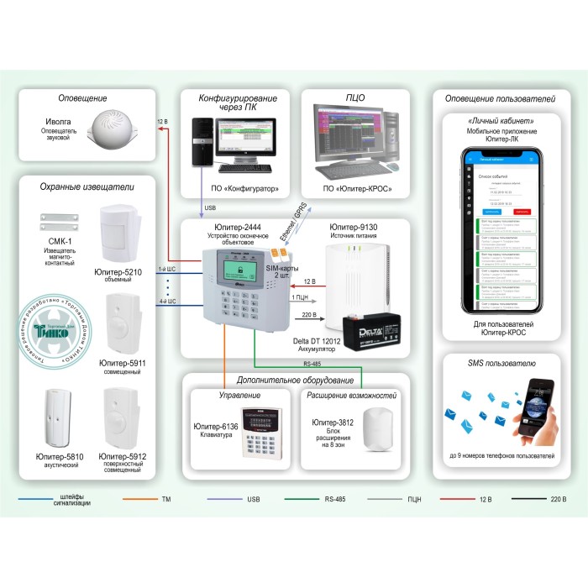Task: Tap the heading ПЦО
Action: click(x=354, y=97)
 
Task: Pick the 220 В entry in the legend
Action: click(x=558, y=499)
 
